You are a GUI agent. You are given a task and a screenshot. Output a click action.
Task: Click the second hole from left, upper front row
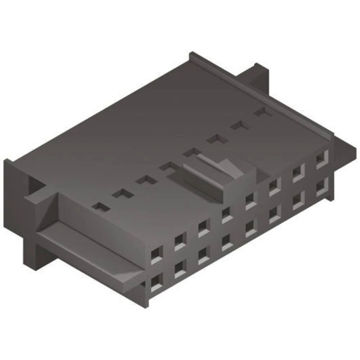(180, 241)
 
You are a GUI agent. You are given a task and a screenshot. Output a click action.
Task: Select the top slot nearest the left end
(101, 207)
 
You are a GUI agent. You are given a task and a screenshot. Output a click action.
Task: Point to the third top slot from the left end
(146, 180)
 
